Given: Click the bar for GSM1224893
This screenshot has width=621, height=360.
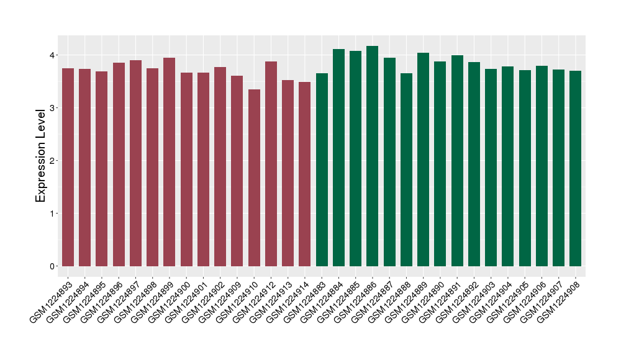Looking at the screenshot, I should pyautogui.click(x=68, y=168).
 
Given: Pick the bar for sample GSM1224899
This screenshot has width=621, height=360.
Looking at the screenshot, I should pyautogui.click(x=170, y=162).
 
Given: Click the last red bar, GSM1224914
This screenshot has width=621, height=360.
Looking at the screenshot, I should pyautogui.click(x=305, y=174).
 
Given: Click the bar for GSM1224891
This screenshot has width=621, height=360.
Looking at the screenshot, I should pyautogui.click(x=457, y=161).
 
